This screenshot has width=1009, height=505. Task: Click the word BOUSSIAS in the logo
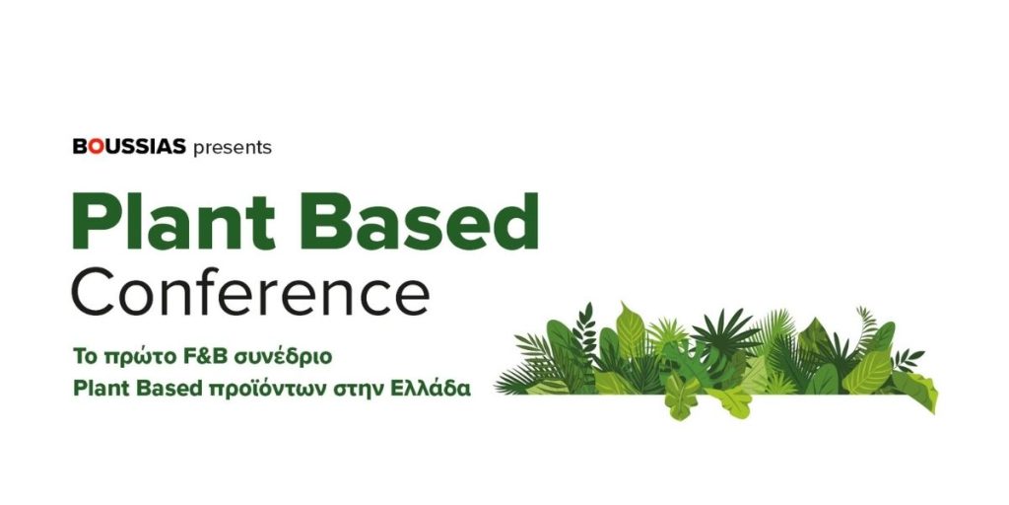(x=129, y=147)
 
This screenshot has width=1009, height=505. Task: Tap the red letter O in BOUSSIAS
(x=96, y=147)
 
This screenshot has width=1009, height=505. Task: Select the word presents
(x=233, y=148)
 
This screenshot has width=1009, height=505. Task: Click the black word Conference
(x=251, y=291)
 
